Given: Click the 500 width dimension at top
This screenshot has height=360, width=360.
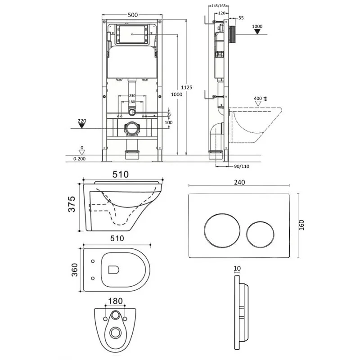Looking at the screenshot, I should tap(132, 14).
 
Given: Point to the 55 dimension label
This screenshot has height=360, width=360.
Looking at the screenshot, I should tap(241, 18).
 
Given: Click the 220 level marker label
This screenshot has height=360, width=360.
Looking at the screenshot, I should tap(81, 120).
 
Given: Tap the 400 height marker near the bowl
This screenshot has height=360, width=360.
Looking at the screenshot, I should tap(258, 98).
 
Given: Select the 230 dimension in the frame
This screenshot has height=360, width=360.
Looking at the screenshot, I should tap(132, 95).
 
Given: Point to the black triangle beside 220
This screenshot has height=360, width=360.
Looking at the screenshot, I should tap(81, 126).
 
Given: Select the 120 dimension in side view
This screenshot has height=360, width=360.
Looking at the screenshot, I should tap(221, 13).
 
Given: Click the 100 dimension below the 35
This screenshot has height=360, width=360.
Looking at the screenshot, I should tap(169, 122).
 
